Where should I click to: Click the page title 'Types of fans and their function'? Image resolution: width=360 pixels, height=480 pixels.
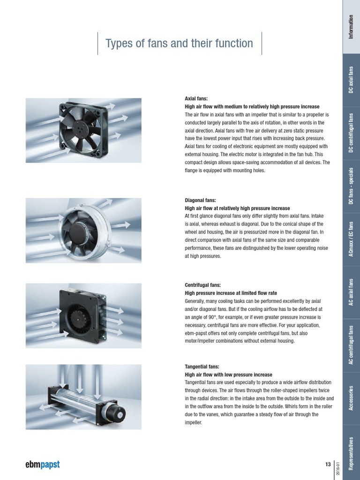(x=179, y=44)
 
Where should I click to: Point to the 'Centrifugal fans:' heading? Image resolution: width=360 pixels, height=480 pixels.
(x=203, y=285)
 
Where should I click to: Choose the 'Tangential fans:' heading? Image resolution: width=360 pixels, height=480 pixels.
(x=202, y=367)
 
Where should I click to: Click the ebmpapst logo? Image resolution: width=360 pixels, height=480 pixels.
(x=42, y=465)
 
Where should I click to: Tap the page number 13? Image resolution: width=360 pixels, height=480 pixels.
(x=328, y=464)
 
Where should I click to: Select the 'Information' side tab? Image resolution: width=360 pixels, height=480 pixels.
(x=351, y=27)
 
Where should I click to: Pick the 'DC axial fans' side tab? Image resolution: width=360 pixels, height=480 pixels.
(x=351, y=80)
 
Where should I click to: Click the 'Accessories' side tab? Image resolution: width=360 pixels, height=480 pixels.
(x=351, y=397)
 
